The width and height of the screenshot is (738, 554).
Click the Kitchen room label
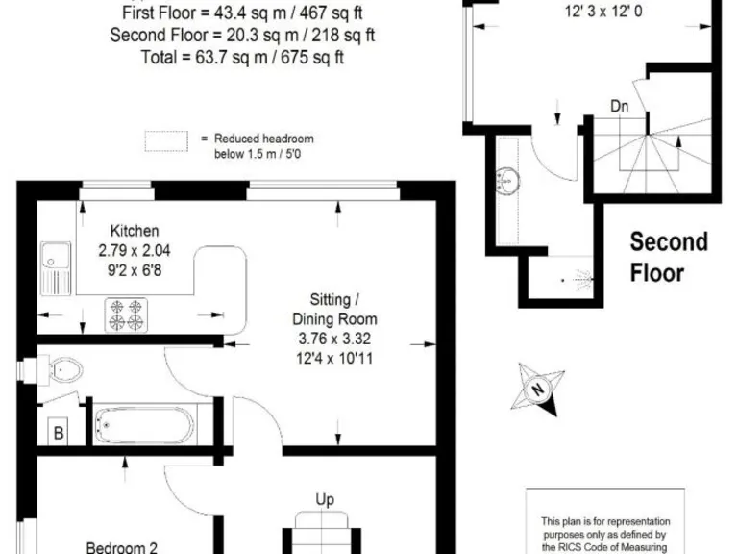pyautogui.click(x=134, y=231)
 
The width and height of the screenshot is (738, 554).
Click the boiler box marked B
pyautogui.click(x=59, y=434)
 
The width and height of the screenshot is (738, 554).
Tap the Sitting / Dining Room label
pyautogui.click(x=334, y=309)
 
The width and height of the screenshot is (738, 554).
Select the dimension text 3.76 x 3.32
pyautogui.click(x=334, y=338)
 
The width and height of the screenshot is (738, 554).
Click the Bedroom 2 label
pyautogui.click(x=122, y=547)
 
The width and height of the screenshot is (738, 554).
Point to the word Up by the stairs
pyautogui.click(x=325, y=499)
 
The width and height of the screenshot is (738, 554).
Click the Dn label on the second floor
pyautogui.click(x=620, y=107)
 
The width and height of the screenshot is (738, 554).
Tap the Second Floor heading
pyautogui.click(x=669, y=257)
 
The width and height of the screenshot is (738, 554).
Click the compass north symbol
pyautogui.click(x=538, y=390)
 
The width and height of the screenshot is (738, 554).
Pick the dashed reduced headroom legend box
pyautogui.click(x=166, y=140)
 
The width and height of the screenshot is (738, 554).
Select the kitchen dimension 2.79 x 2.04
pyautogui.click(x=134, y=249)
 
